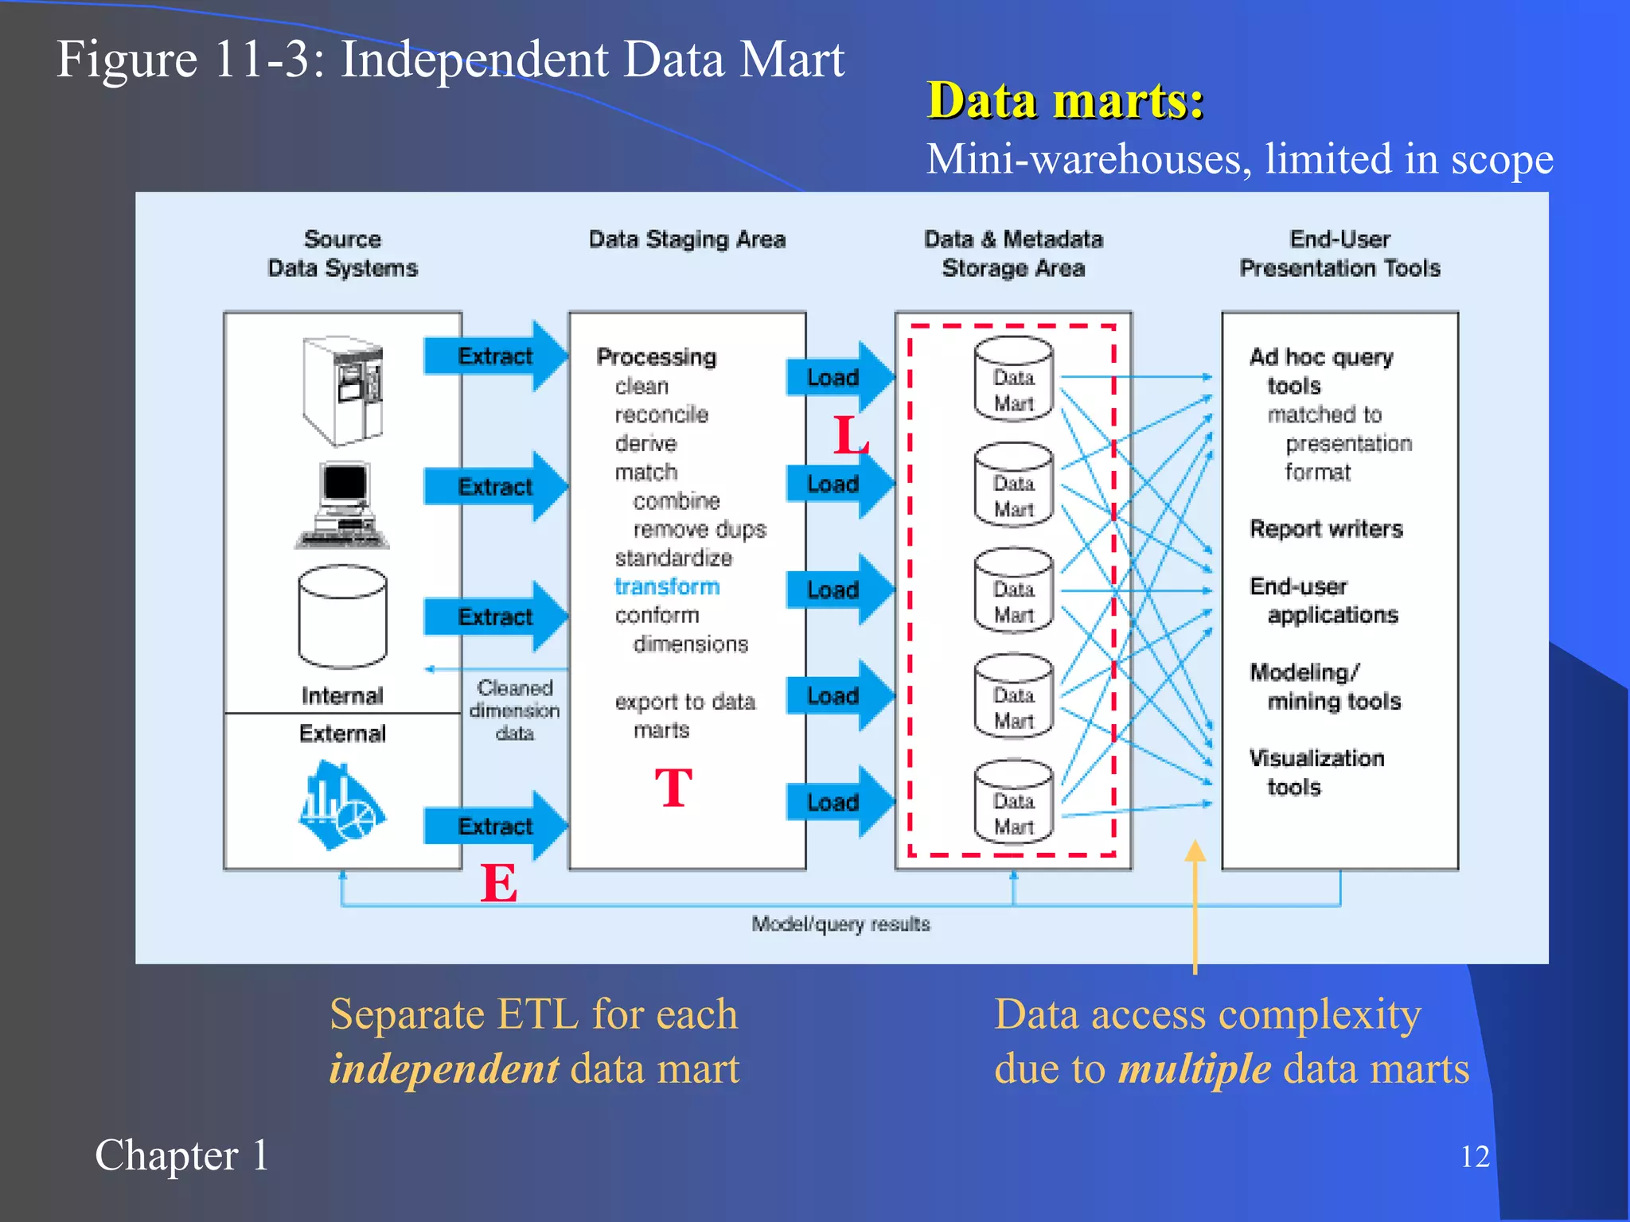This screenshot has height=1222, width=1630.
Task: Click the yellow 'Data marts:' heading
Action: click(x=1065, y=101)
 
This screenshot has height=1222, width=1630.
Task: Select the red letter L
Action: click(x=850, y=436)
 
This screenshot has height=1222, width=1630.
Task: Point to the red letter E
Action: click(x=499, y=883)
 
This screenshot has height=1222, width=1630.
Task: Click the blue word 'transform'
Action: click(x=667, y=586)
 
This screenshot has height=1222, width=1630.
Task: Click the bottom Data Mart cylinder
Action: click(x=1013, y=801)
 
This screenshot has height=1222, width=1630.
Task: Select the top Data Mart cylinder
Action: click(x=1013, y=378)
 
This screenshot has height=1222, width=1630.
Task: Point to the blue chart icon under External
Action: click(x=341, y=805)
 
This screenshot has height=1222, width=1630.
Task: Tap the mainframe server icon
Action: click(x=343, y=390)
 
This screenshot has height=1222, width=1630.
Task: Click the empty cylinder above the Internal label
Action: click(x=342, y=616)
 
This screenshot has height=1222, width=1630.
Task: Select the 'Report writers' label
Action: click(x=1326, y=529)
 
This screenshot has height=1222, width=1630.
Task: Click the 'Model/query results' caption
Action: click(x=840, y=924)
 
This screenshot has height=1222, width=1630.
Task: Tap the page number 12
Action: click(x=1475, y=1156)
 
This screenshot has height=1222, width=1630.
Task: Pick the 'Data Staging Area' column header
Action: click(x=687, y=239)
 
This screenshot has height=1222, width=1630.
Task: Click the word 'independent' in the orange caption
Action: click(x=444, y=1068)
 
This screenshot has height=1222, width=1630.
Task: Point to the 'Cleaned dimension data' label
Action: click(x=514, y=710)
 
